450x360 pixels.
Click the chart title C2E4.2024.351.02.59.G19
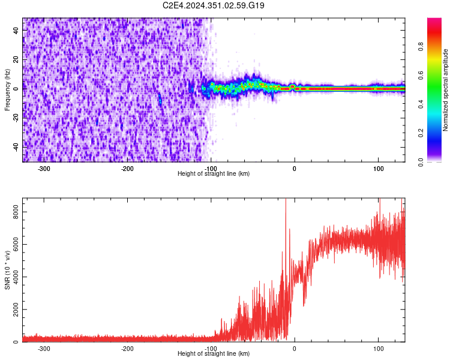pyautogui.click(x=214, y=5)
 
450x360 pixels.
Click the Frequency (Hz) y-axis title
pyautogui.click(x=7, y=90)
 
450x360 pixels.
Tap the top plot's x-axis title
pyautogui.click(x=214, y=173)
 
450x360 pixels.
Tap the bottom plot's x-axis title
pyautogui.click(x=214, y=353)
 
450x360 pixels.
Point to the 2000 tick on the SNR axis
pyautogui.click(x=13, y=310)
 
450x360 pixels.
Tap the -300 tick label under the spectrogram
pyautogui.click(x=44, y=169)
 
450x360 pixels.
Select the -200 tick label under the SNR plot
pyautogui.click(x=127, y=349)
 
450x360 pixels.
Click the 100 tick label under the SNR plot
pyautogui.click(x=379, y=349)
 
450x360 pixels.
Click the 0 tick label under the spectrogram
pyautogui.click(x=294, y=169)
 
